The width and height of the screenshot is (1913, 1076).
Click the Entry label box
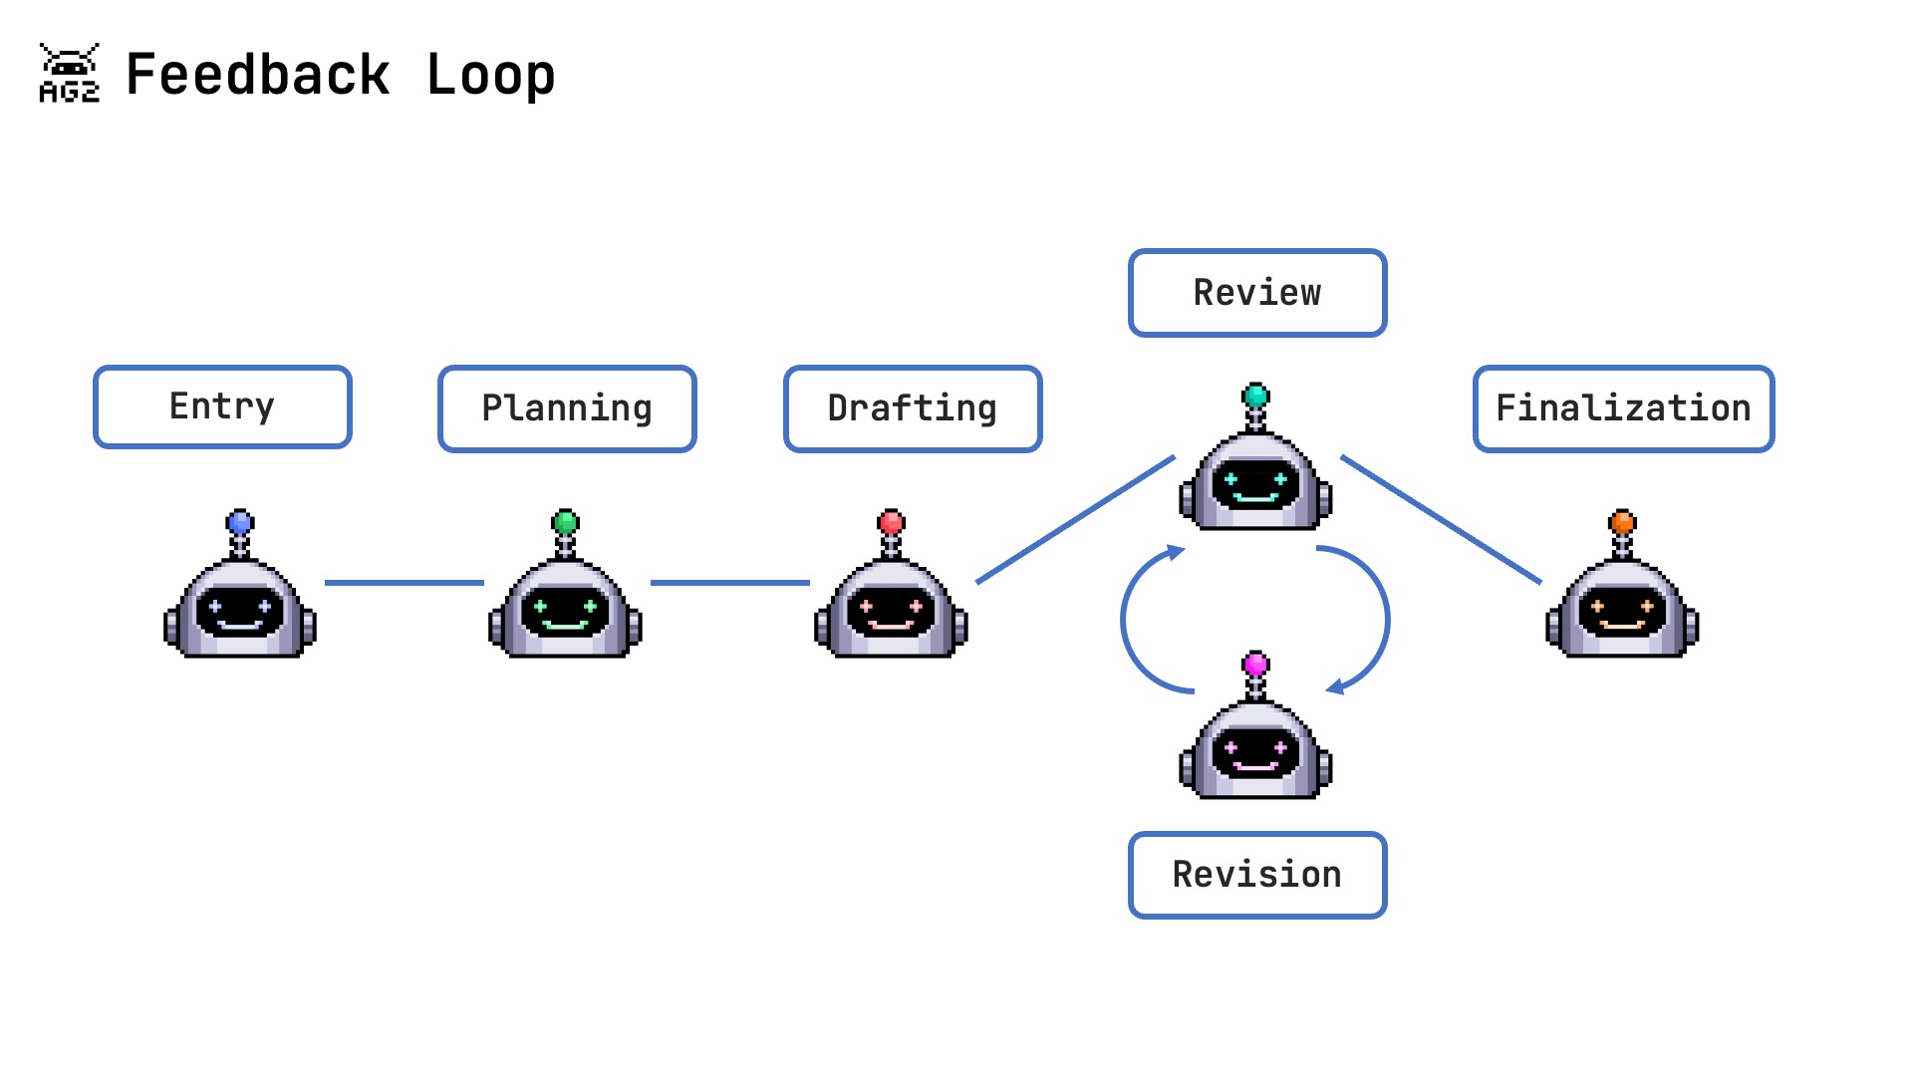coord(222,406)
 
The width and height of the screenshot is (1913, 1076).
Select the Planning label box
coord(567,408)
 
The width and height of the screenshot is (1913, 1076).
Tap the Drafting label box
coord(913,408)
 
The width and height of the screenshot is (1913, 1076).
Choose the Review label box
coord(1257,293)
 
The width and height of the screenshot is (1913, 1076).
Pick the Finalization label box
coord(1623,408)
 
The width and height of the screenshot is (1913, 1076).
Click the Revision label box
coord(1257,875)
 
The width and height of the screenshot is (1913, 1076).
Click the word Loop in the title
coord(490,76)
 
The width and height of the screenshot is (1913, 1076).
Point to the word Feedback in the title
coord(257,76)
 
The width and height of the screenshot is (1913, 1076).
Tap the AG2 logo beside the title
coord(69,73)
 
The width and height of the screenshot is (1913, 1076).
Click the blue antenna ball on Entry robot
coord(240,522)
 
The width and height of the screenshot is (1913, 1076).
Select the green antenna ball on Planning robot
coord(565,522)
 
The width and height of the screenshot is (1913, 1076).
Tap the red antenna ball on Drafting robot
coord(891,522)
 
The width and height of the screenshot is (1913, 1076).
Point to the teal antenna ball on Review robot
coord(1255,396)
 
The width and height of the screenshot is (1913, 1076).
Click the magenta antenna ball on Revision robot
coord(1255,664)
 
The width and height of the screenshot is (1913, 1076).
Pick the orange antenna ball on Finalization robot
coord(1622,522)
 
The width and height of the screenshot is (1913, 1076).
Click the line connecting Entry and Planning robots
coord(404,583)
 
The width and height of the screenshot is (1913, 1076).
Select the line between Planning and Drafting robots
coord(729,583)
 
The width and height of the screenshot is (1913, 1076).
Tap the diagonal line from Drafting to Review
coord(1076,519)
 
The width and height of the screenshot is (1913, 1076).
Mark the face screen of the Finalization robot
coord(1622,611)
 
